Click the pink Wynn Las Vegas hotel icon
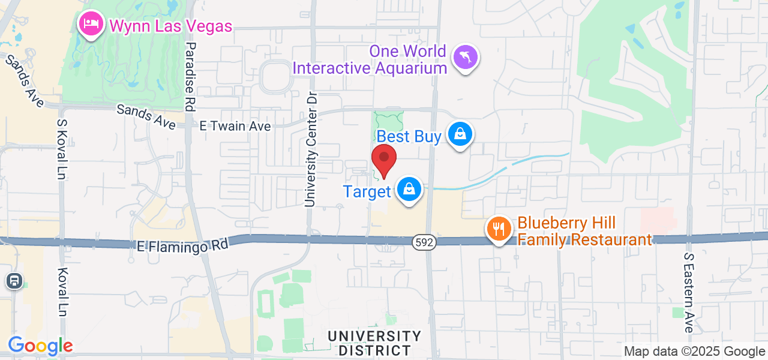pos(91,25)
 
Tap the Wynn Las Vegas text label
pos(170,26)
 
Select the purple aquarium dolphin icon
pos(465,58)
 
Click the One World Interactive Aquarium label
pos(370,59)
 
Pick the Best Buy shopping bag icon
pos(460,134)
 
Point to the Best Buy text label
pos(409,136)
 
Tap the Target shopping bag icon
pos(409,190)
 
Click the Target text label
pos(367,191)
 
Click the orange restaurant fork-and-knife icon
pos(498,229)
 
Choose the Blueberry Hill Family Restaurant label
pos(584,232)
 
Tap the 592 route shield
pos(424,242)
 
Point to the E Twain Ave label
pos(235,126)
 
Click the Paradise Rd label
pos(190,76)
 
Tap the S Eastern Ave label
pos(689,292)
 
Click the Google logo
pos(40,346)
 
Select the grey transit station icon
pos(14,281)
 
